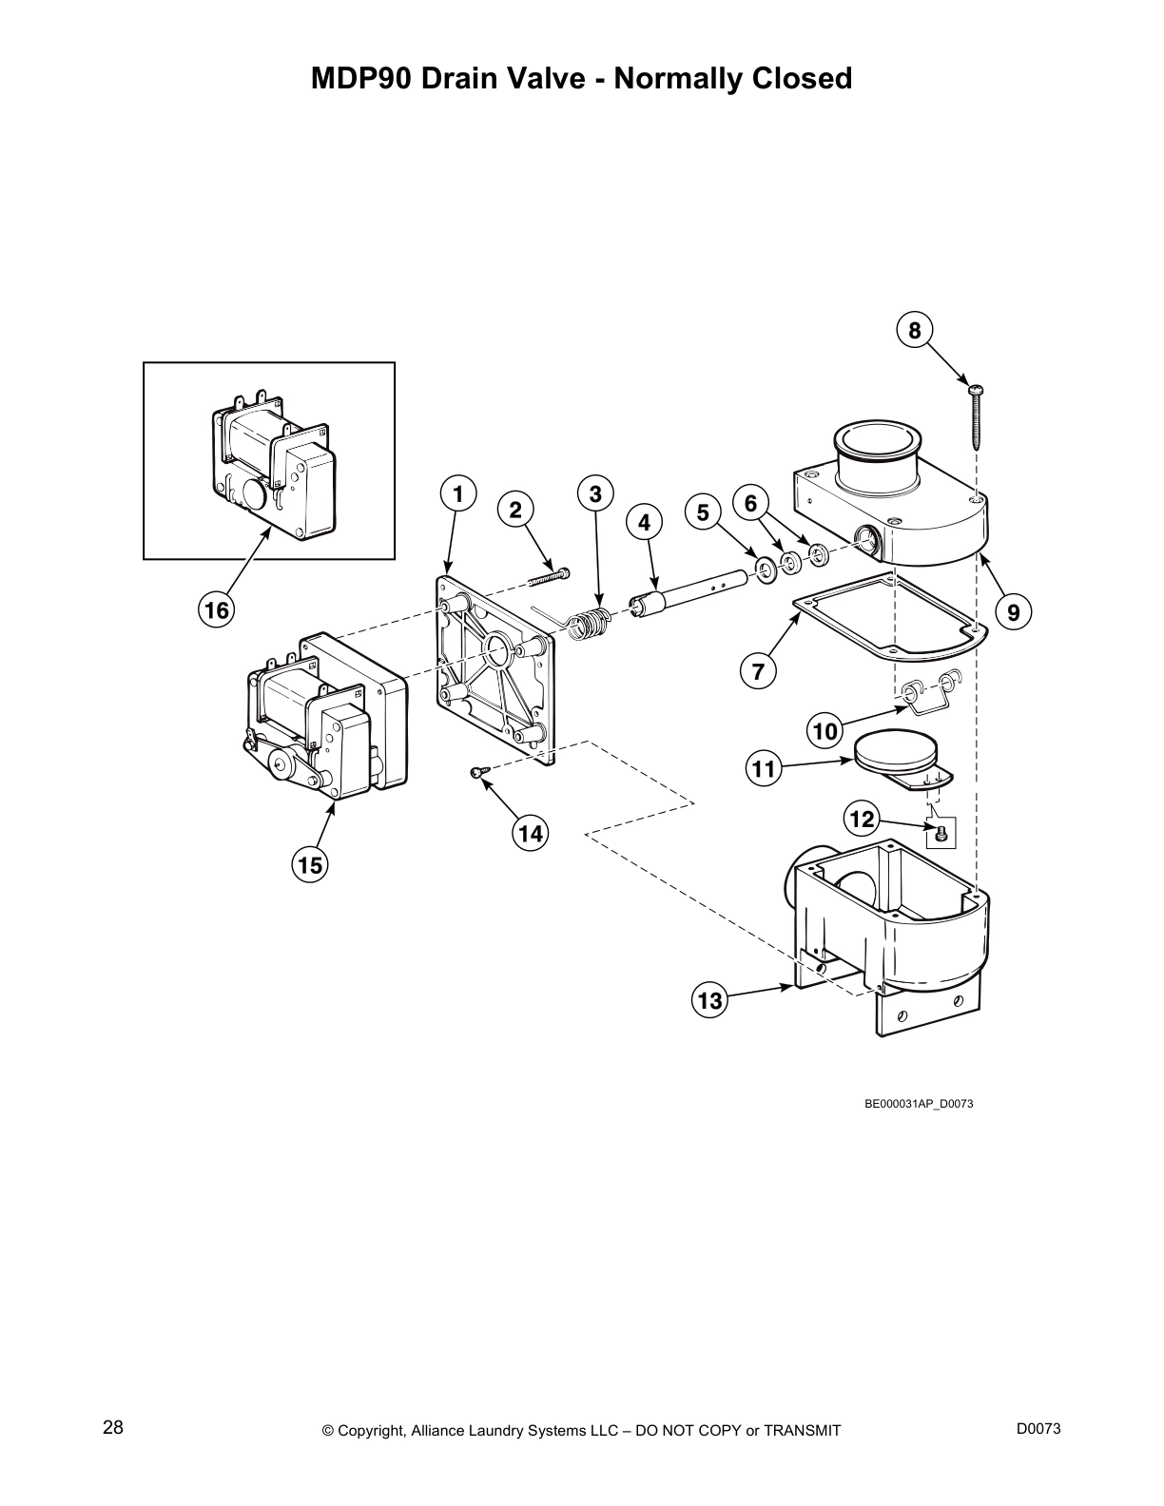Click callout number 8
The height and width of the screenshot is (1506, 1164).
tap(915, 330)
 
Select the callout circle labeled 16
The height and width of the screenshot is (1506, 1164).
tap(217, 609)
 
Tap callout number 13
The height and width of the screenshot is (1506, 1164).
tap(710, 1000)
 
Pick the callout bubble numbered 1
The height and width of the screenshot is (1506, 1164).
tap(458, 494)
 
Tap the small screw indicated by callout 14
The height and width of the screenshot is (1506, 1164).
tap(478, 771)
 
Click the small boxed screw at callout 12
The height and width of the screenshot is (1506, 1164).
tap(941, 833)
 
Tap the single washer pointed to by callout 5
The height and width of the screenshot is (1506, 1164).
tap(764, 570)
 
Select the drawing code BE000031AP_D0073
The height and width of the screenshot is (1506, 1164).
tap(918, 1104)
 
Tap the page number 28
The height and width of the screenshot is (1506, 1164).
tap(112, 1428)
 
